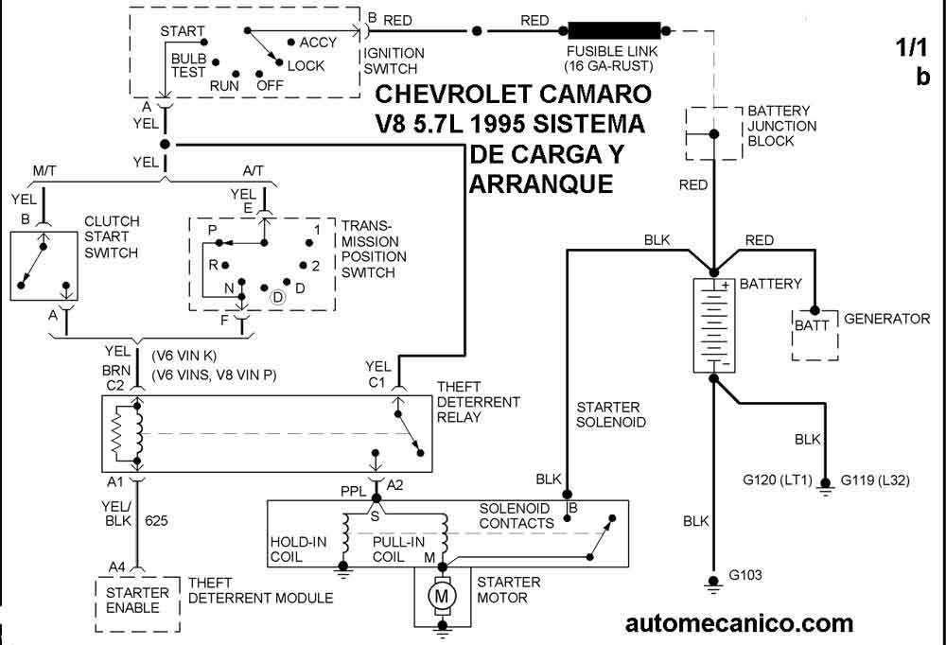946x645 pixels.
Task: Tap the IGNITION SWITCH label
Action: [394, 61]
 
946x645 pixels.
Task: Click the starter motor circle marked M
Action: [439, 596]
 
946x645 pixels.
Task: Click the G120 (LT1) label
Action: [777, 479]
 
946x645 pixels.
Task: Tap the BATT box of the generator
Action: [812, 325]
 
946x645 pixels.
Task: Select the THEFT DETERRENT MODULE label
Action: [260, 598]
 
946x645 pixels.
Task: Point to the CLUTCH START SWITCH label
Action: [112, 236]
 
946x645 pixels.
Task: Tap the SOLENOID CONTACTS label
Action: [517, 515]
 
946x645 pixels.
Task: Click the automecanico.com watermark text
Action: [739, 623]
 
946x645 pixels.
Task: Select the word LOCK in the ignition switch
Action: [306, 66]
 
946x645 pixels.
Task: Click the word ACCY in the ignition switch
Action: [317, 43]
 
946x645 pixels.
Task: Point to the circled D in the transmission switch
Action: [278, 297]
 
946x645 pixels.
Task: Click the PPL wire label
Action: [354, 490]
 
